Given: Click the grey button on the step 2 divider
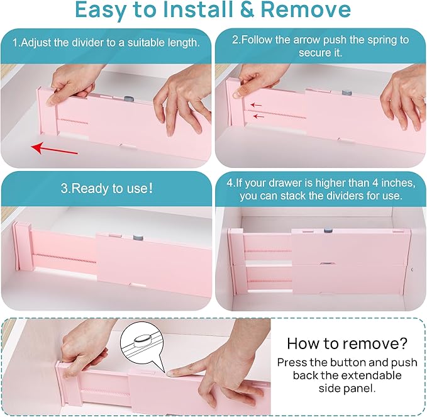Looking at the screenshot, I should [x=347, y=92].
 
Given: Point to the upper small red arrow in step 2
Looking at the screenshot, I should [x=255, y=105].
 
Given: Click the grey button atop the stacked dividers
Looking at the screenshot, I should [x=327, y=231].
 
